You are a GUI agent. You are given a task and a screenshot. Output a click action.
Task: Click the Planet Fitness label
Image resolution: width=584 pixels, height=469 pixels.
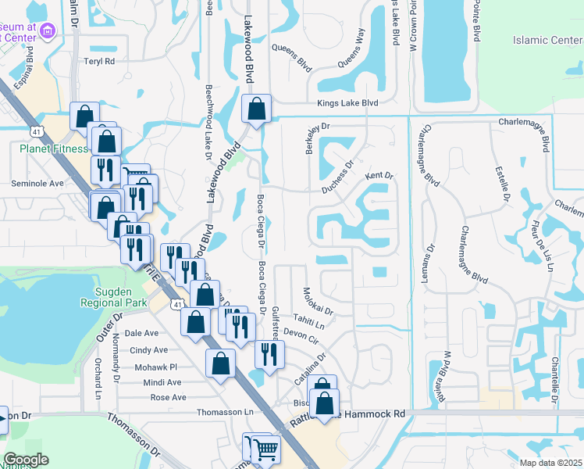click(x=52, y=148)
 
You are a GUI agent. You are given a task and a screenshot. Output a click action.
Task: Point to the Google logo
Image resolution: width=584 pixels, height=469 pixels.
click(x=26, y=459)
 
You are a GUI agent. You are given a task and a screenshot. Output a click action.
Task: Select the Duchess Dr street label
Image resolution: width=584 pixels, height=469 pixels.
click(x=338, y=177)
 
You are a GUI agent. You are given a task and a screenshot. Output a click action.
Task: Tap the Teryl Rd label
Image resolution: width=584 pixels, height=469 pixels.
click(x=100, y=61)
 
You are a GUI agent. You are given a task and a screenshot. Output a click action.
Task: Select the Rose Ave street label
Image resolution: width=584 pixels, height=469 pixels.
click(x=168, y=397)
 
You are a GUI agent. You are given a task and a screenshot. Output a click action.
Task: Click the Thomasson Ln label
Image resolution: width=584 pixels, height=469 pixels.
click(x=226, y=412)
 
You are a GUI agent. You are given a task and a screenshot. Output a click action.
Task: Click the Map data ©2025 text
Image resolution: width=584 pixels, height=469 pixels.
click(x=550, y=462)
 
